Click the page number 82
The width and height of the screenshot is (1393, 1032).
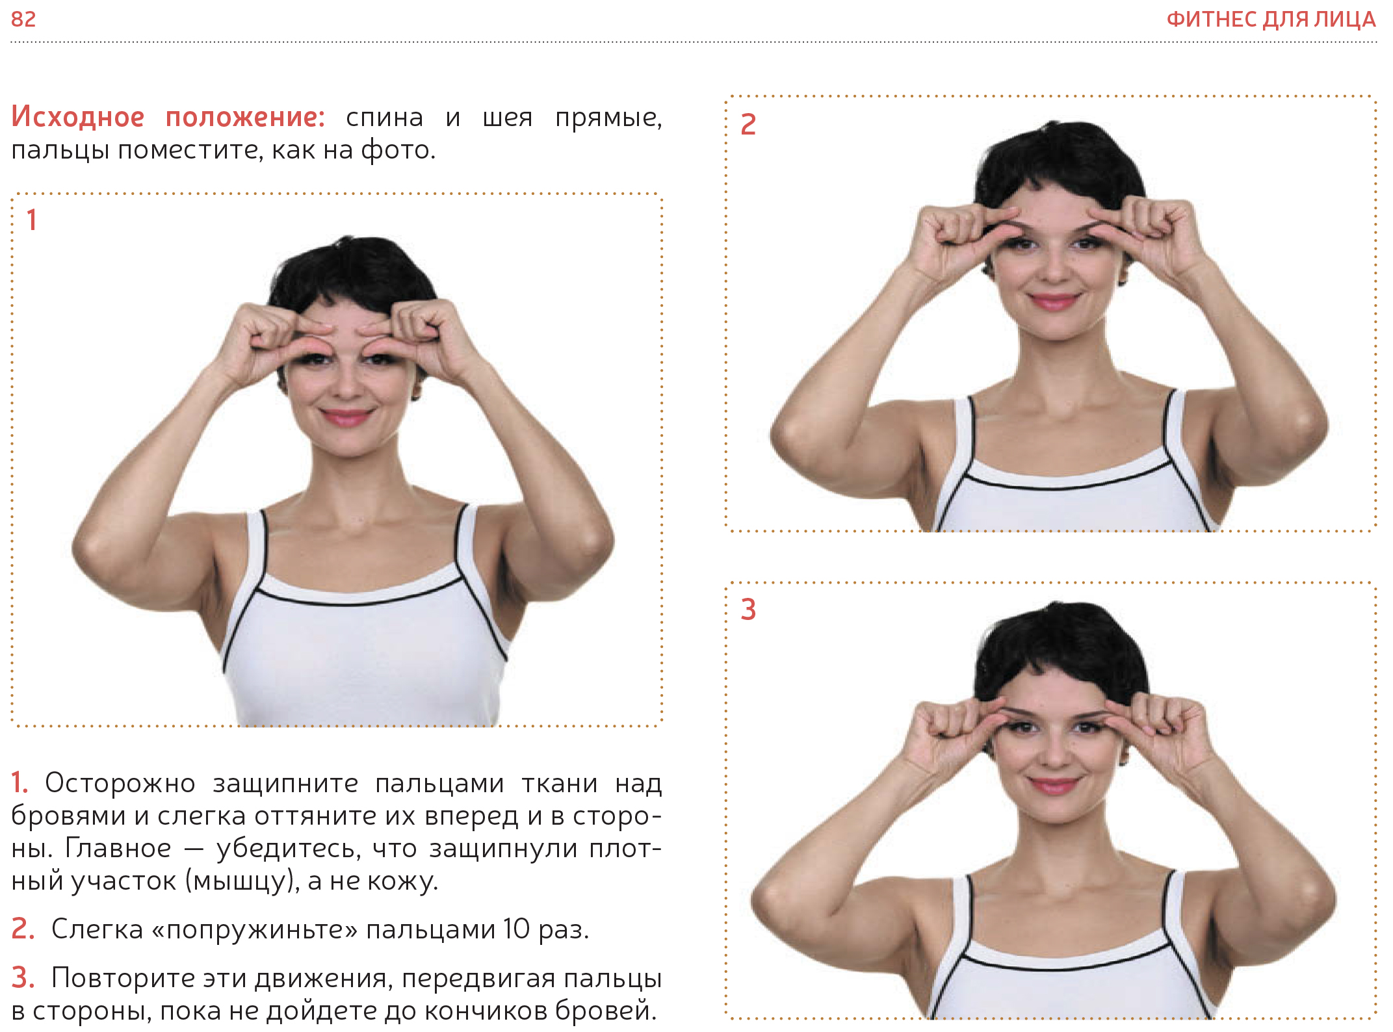tap(23, 19)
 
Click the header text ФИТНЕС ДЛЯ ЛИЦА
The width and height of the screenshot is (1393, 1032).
tap(1271, 19)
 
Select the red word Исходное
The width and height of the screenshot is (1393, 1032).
tap(78, 117)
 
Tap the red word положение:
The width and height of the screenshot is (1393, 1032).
tap(245, 117)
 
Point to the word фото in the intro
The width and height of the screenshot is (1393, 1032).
tap(397, 150)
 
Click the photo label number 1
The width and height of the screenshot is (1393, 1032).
tap(31, 220)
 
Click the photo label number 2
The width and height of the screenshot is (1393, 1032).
tap(748, 124)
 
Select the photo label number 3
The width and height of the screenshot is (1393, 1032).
tap(748, 610)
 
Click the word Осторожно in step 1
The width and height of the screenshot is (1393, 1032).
tap(120, 783)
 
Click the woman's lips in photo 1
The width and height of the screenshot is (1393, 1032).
tap(346, 416)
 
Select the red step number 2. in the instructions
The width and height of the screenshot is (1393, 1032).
tap(23, 929)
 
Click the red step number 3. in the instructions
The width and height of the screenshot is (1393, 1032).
tap(23, 977)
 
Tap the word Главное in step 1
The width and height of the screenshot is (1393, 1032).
tap(118, 848)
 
